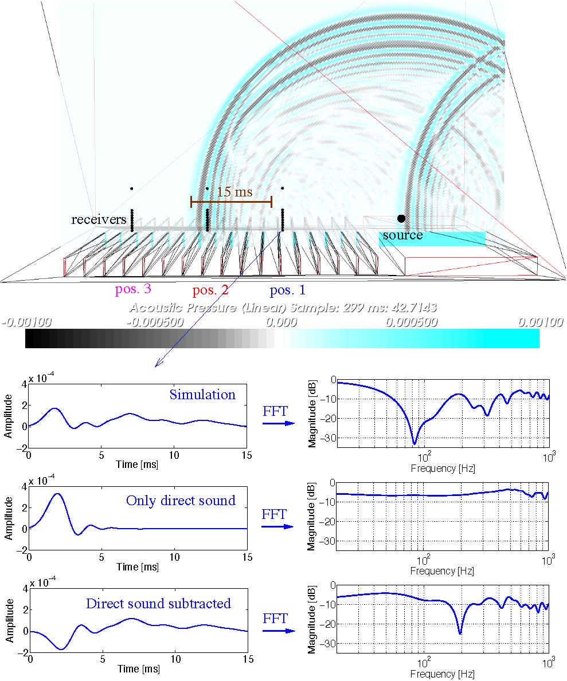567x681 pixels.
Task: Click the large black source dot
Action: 401,218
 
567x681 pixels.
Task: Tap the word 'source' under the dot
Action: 402,235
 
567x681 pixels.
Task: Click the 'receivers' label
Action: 99,219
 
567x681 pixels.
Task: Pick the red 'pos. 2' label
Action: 210,290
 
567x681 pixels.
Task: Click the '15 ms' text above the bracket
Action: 234,192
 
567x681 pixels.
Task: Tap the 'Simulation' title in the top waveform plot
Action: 202,395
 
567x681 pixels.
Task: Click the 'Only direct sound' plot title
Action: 181,500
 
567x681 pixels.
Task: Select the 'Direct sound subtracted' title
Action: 158,603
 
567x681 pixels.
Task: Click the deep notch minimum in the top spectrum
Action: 415,443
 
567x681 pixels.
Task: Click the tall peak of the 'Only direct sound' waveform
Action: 57,494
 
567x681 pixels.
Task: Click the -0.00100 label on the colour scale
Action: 26,322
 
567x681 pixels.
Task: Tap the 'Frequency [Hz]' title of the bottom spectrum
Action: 443,674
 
